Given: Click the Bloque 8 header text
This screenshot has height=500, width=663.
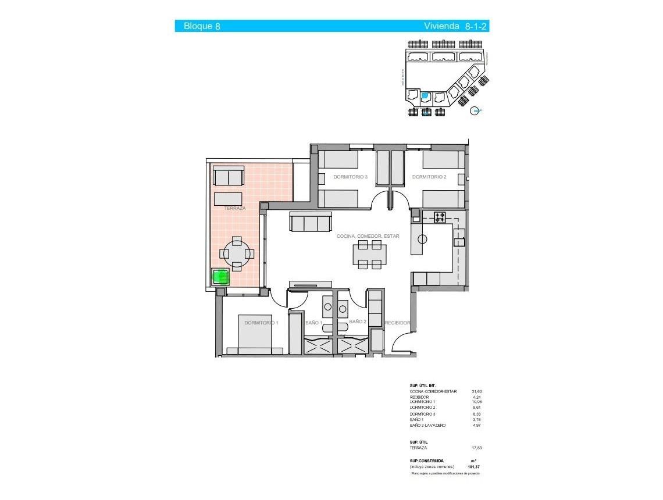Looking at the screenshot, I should point(201,26).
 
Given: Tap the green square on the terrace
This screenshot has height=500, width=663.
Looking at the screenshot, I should point(220,277).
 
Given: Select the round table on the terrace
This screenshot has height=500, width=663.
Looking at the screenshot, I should point(237,253).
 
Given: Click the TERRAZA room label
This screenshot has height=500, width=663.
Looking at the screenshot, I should point(234,208).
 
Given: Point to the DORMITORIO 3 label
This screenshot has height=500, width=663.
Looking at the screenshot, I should point(350,177).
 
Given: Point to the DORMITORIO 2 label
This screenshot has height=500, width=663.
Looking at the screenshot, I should point(429,177).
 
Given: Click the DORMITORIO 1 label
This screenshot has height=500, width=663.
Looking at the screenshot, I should point(261,323).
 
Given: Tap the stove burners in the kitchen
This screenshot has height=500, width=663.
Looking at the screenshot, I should point(440,217).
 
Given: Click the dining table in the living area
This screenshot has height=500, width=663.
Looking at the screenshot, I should point(369,253).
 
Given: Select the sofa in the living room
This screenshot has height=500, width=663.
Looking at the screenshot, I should point(311,223).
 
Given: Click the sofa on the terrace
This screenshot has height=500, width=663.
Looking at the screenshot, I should point(229,176).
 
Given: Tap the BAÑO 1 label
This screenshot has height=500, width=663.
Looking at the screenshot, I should point(313,323).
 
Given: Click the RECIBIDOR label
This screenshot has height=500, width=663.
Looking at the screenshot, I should point(398,323).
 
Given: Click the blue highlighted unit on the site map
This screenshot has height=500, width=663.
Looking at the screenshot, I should point(425,95).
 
